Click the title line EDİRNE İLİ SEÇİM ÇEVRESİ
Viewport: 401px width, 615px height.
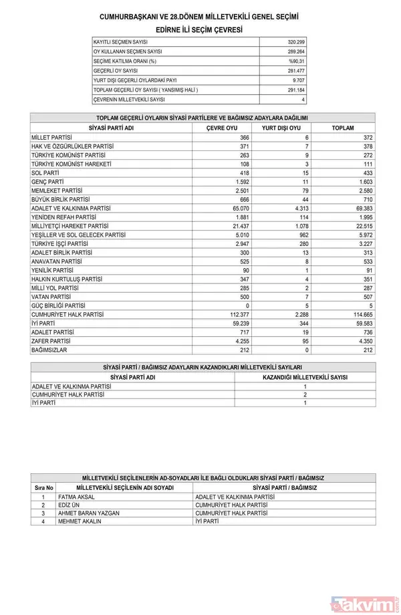[x=199, y=30]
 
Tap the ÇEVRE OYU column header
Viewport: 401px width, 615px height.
[x=222, y=128]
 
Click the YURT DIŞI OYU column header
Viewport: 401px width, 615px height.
[x=281, y=128]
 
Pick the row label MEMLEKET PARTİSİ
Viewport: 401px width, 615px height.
[x=56, y=191]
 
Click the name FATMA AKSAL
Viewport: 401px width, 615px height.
[x=77, y=497]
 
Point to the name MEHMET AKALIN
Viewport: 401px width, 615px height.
[x=80, y=521]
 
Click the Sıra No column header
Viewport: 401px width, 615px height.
[x=43, y=488]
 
